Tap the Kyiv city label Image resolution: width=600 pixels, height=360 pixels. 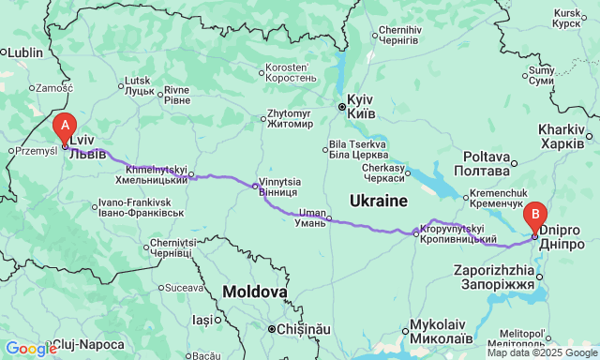[x=361, y=105]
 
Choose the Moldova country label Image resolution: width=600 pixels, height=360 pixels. [x=255, y=292]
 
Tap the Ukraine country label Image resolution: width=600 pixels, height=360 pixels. [x=379, y=201]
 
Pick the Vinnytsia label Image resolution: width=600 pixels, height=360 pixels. [x=280, y=187]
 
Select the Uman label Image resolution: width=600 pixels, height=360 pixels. [x=311, y=217]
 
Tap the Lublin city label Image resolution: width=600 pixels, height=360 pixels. [x=25, y=52]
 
